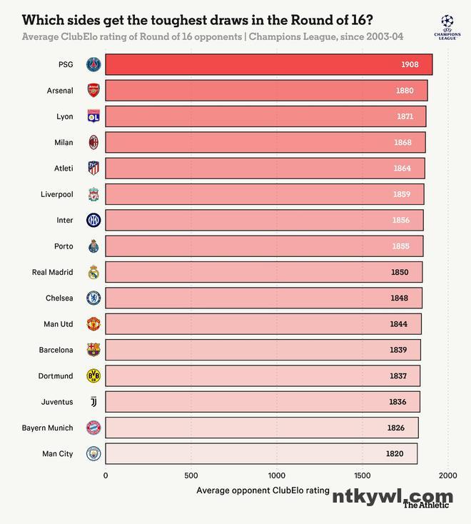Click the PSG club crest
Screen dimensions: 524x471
coord(93,65)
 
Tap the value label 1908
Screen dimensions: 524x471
coord(410,65)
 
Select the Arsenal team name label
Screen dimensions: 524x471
coord(60,91)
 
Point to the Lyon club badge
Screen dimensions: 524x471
coord(93,117)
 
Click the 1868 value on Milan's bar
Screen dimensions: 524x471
coord(402,143)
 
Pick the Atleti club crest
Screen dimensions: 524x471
coord(93,168)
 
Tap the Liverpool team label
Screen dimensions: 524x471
coord(57,194)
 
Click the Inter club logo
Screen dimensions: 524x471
coord(93,221)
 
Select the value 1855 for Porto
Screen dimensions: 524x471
coord(401,246)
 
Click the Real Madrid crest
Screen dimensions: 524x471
coord(93,272)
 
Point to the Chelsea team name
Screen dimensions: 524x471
coord(59,298)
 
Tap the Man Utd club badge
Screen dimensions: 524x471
coord(93,324)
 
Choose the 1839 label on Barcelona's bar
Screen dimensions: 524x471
coord(398,350)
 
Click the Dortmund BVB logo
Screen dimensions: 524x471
coord(93,376)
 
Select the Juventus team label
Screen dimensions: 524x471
coord(57,402)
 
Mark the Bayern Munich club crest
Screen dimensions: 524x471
coord(93,428)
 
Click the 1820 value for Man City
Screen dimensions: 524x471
coord(395,454)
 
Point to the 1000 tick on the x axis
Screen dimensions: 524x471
coord(277,475)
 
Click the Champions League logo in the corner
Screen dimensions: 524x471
coord(447,25)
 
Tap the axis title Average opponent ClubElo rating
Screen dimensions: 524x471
coord(263,490)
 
